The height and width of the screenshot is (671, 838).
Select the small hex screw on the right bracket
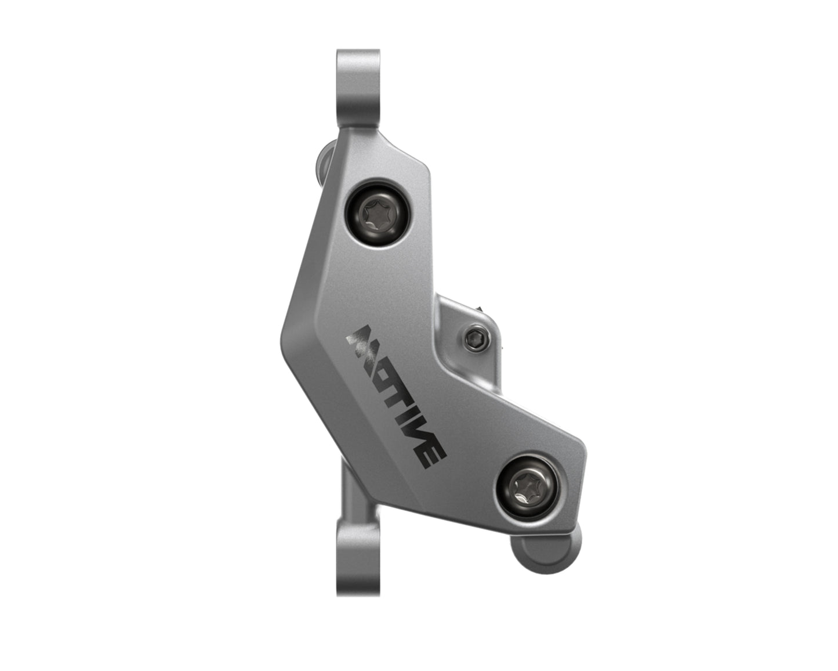[x=474, y=337]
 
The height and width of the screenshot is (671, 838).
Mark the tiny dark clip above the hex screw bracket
[x=480, y=305]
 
